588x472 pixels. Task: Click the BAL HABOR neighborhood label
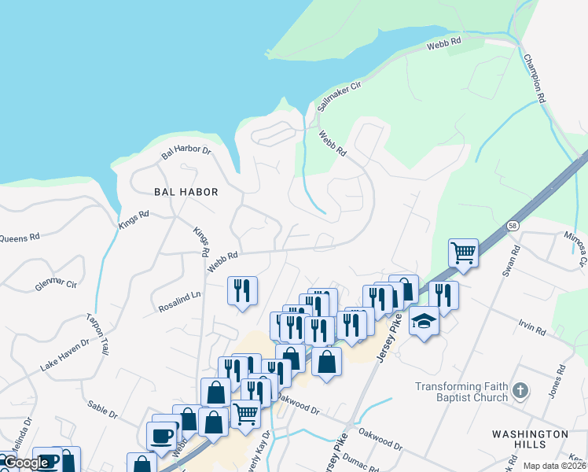(186, 192)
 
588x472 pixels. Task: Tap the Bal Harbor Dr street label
(186, 149)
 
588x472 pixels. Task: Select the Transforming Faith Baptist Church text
(461, 392)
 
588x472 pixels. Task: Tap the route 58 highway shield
(512, 225)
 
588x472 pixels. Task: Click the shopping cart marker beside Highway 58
(463, 253)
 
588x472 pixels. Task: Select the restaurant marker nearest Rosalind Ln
(242, 290)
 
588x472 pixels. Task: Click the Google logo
(25, 463)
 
